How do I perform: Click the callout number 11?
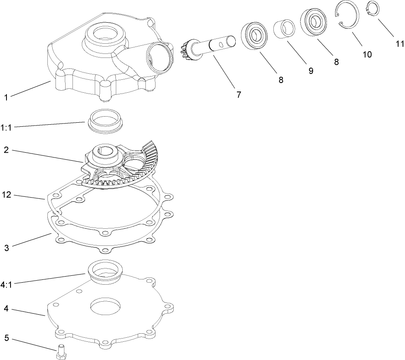[x=400, y=43]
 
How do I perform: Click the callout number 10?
[x=367, y=54]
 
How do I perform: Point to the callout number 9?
[x=311, y=70]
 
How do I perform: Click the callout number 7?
[x=239, y=95]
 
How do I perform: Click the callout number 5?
[x=6, y=337]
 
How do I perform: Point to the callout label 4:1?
[x=6, y=285]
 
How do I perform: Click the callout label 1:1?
[x=6, y=128]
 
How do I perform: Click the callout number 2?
[x=6, y=149]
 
